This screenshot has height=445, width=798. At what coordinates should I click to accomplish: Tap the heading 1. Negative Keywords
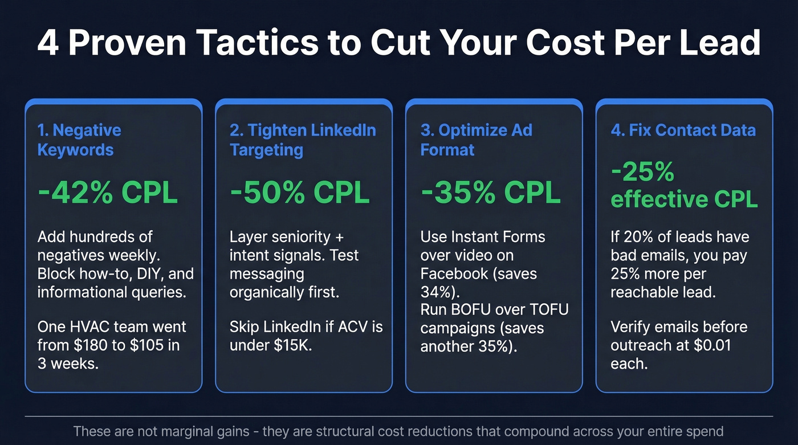(79, 140)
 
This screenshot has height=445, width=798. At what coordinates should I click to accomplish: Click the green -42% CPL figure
(107, 193)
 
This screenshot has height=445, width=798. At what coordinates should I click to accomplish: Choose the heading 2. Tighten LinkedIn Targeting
(302, 140)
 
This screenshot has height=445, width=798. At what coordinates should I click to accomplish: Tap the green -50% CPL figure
(299, 193)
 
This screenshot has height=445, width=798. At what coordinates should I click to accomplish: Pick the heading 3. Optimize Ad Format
(476, 140)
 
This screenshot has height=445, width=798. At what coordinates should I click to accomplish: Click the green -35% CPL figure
(490, 193)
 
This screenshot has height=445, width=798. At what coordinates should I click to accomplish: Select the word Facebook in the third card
(454, 273)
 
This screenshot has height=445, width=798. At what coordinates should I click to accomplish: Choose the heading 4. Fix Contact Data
(683, 130)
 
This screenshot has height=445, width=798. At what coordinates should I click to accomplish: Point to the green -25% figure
(642, 172)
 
